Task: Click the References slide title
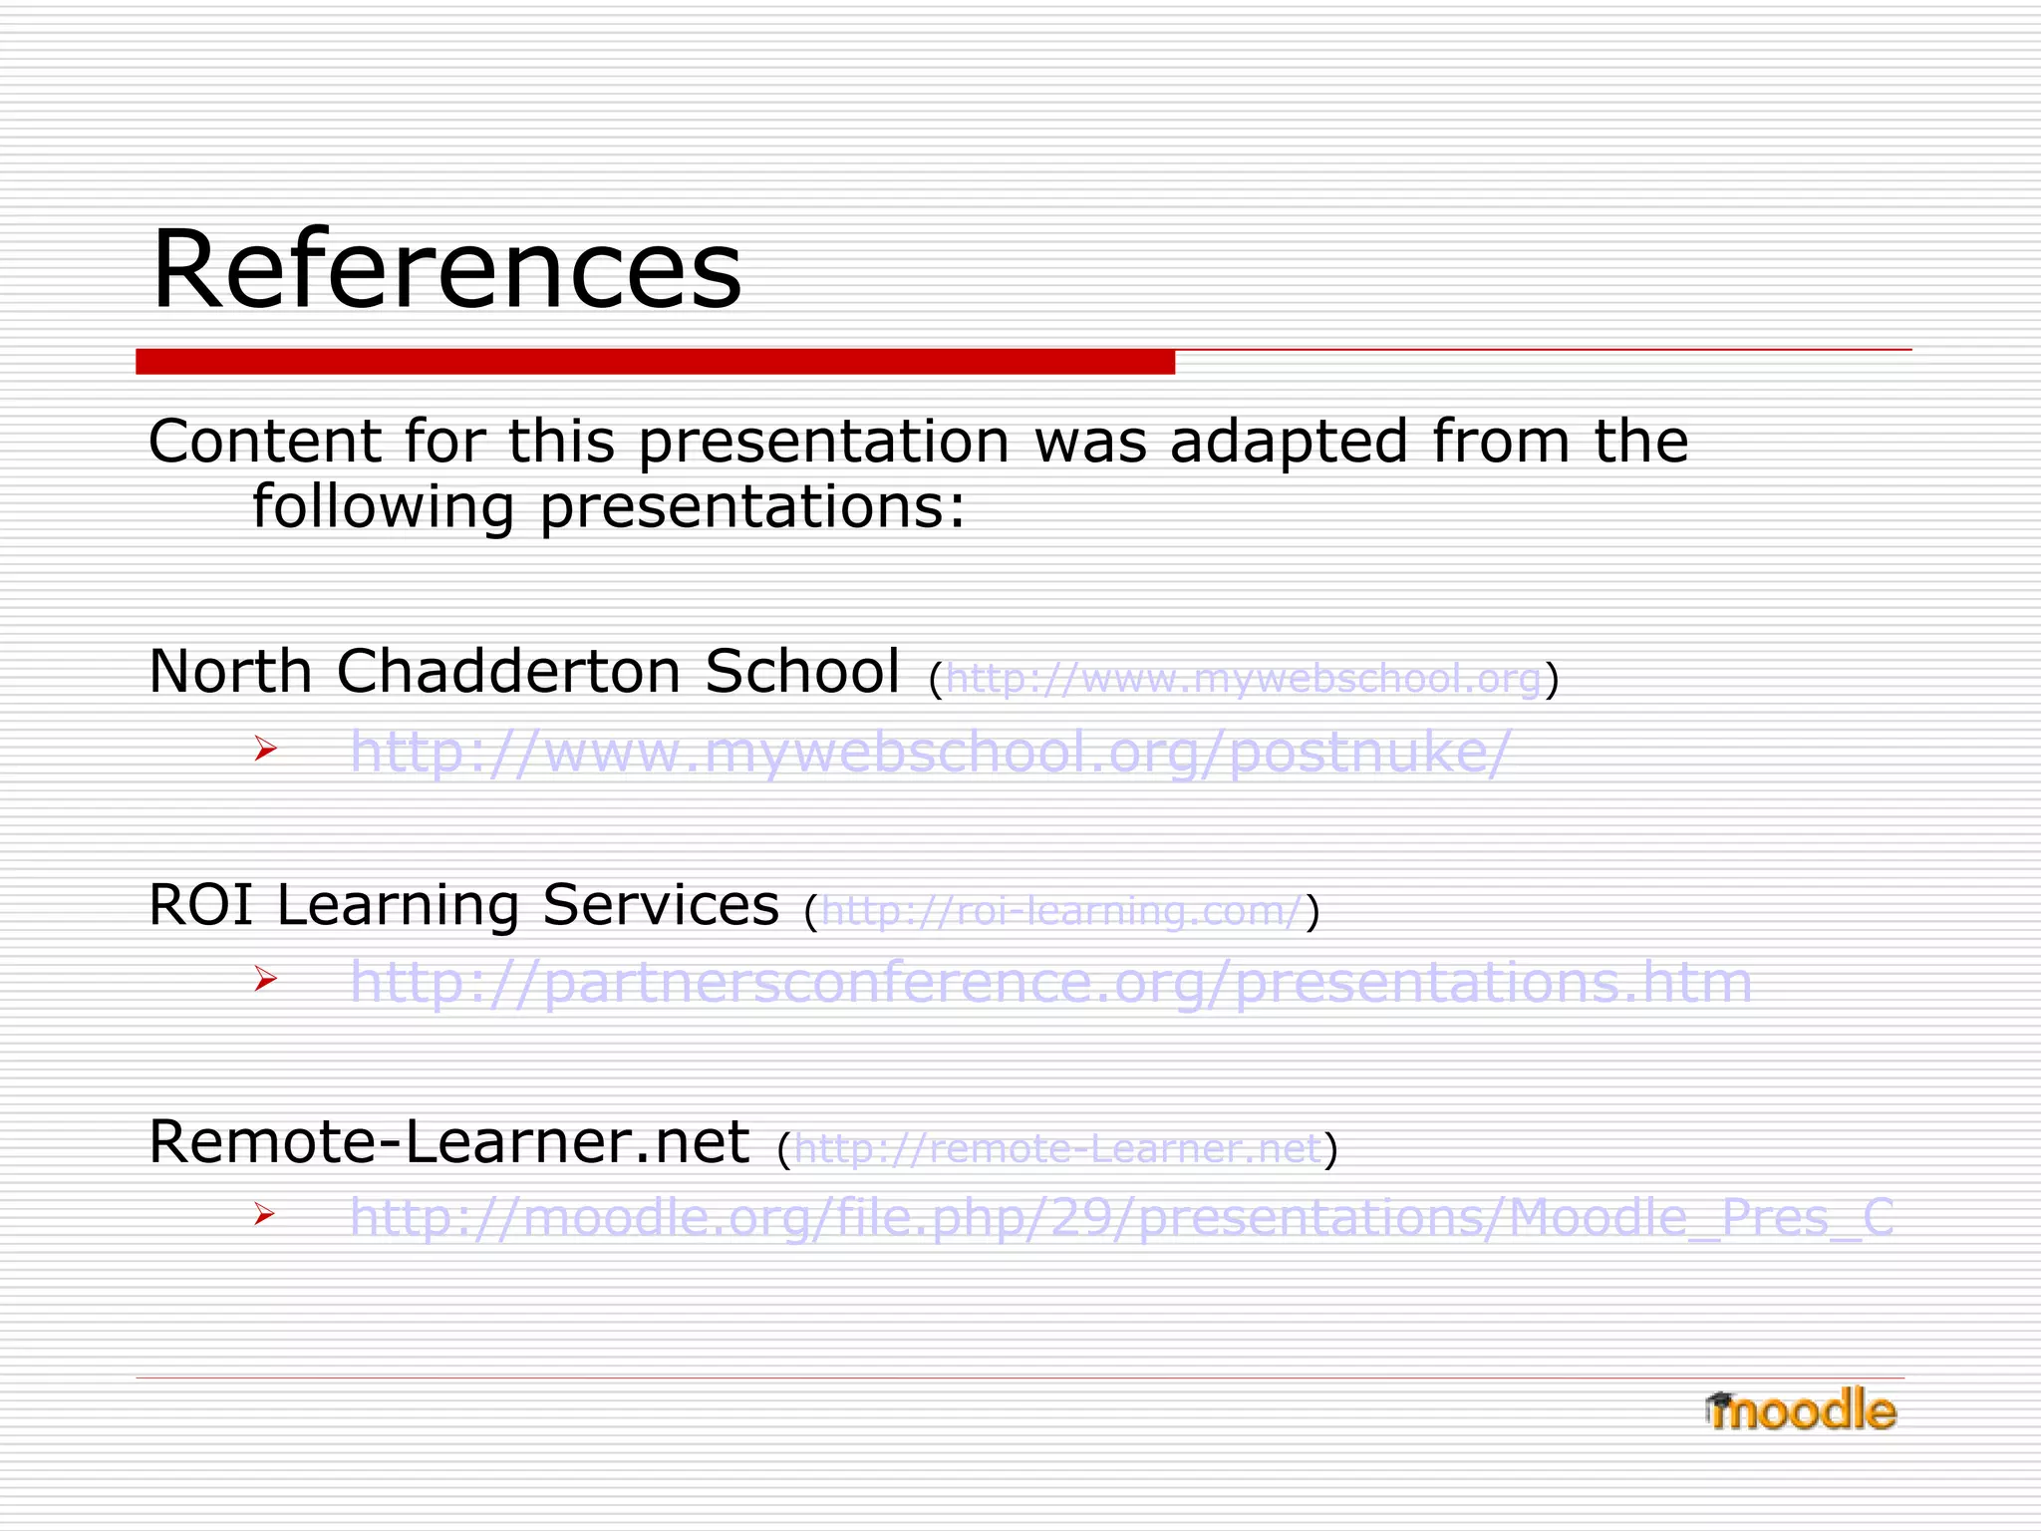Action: click(446, 269)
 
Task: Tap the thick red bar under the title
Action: click(655, 362)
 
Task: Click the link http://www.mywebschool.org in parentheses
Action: click(1244, 679)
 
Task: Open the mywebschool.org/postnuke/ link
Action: click(930, 752)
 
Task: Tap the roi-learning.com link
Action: click(1062, 911)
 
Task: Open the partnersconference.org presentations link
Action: click(1049, 983)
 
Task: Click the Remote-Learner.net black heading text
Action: click(448, 1141)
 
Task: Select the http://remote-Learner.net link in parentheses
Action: click(1058, 1149)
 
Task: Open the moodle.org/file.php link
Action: click(1121, 1217)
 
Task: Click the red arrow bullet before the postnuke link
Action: click(264, 748)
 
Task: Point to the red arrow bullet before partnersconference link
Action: click(264, 979)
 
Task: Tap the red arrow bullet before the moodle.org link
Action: click(264, 1213)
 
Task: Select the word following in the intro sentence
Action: click(384, 507)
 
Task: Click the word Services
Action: click(660, 905)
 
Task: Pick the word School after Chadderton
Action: click(802, 671)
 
